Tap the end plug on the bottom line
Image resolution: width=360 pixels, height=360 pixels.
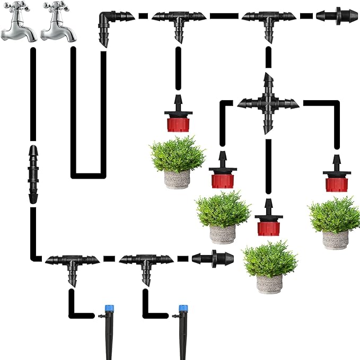click(x=213, y=259)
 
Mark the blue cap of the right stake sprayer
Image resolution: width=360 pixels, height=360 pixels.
click(x=183, y=308)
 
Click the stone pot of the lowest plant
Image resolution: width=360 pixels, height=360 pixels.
click(x=269, y=282)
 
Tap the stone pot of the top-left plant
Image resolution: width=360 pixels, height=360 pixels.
click(x=177, y=180)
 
